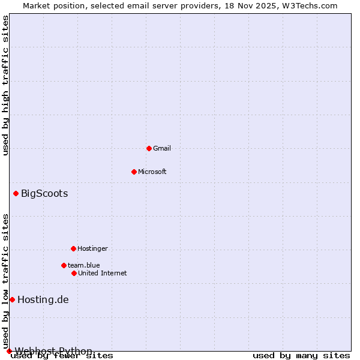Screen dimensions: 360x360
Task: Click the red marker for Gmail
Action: point(149,148)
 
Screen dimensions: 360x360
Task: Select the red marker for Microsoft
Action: point(134,172)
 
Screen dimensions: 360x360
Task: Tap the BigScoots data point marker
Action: point(16,193)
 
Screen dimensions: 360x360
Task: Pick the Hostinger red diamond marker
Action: point(73,248)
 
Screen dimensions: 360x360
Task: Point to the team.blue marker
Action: point(64,265)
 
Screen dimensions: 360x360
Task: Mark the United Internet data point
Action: point(74,273)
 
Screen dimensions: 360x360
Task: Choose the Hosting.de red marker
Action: point(12,299)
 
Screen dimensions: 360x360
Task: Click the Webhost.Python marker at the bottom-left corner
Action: point(9,351)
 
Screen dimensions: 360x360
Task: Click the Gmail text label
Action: point(162,148)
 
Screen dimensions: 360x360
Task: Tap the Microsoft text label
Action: point(152,172)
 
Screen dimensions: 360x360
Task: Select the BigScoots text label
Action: point(44,193)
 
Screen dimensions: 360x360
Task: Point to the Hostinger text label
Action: point(92,248)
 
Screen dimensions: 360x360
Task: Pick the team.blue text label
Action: point(84,265)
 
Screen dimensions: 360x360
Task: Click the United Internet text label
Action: point(103,273)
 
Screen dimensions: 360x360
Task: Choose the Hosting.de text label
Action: point(43,299)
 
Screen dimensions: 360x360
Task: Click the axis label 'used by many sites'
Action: point(301,356)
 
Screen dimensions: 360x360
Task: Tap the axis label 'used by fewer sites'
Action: point(62,356)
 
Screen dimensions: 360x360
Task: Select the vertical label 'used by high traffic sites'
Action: point(6,85)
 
